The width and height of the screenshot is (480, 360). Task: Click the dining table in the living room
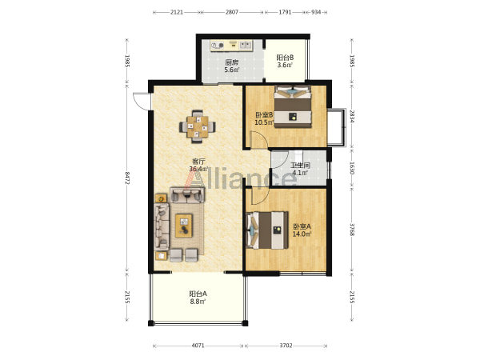point(198,126)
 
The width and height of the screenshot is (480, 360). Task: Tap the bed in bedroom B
point(293,106)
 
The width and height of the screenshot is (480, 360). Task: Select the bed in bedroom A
point(267,230)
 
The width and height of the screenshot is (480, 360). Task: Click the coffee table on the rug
point(184,226)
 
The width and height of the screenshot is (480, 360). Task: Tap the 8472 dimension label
point(127,178)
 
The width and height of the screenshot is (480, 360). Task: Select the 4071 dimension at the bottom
point(198,346)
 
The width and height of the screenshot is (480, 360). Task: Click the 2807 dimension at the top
point(232,12)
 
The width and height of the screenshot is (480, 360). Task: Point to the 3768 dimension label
point(352,230)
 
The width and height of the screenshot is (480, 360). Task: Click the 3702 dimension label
point(286,346)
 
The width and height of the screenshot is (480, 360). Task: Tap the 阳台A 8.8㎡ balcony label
point(198,298)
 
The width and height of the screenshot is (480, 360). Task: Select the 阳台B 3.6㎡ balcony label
point(285,61)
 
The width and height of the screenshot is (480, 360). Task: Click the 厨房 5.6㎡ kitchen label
point(232,66)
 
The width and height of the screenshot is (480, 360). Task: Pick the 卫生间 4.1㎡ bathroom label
point(300,169)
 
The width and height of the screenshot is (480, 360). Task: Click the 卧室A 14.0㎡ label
point(302,230)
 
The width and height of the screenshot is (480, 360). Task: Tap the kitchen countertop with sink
point(231,46)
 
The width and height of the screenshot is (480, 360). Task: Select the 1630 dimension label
point(352,168)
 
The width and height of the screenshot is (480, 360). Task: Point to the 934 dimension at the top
point(316,12)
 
